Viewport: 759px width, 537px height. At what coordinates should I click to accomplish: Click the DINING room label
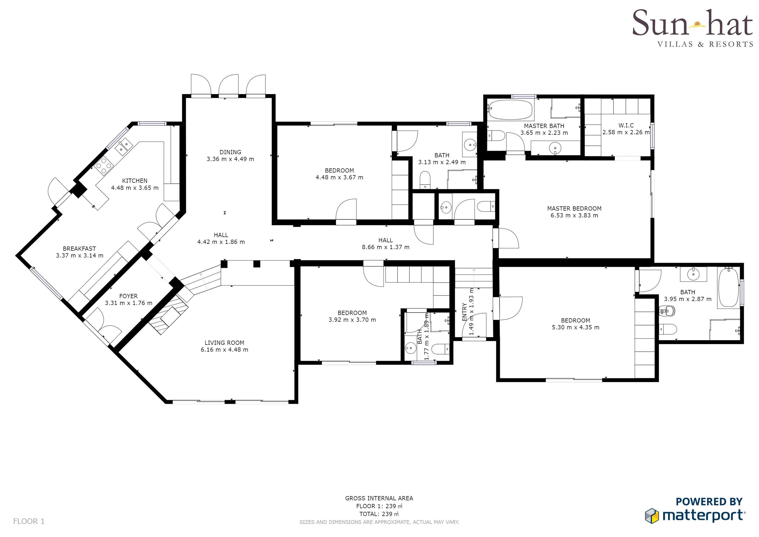point(230,152)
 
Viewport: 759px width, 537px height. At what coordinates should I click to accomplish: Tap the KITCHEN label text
point(135,181)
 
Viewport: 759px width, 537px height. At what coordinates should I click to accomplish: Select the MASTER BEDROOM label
point(574,208)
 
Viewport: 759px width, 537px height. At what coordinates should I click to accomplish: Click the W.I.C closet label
point(626,125)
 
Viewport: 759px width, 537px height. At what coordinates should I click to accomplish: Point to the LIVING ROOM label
point(225,342)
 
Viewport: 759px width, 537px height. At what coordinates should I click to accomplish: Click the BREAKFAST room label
point(79,248)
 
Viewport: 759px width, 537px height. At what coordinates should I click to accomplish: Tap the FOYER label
point(129,296)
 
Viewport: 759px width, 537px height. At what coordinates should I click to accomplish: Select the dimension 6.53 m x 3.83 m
point(574,215)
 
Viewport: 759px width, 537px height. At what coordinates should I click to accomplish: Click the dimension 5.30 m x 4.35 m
point(576,327)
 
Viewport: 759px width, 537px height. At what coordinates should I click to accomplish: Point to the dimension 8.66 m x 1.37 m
point(386,247)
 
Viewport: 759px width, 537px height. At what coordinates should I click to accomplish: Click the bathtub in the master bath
point(511,110)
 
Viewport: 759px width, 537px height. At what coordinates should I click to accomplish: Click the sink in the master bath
point(555,148)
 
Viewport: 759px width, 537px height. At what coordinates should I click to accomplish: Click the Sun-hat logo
point(693,28)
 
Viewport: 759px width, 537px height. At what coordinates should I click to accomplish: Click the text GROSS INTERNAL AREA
point(379,498)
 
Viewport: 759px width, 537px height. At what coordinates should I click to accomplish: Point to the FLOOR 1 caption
point(29,521)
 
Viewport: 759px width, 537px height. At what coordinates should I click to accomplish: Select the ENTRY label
point(464,312)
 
